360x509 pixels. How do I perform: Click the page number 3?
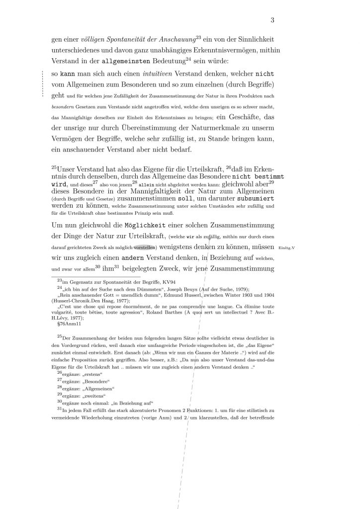tap(272, 20)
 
